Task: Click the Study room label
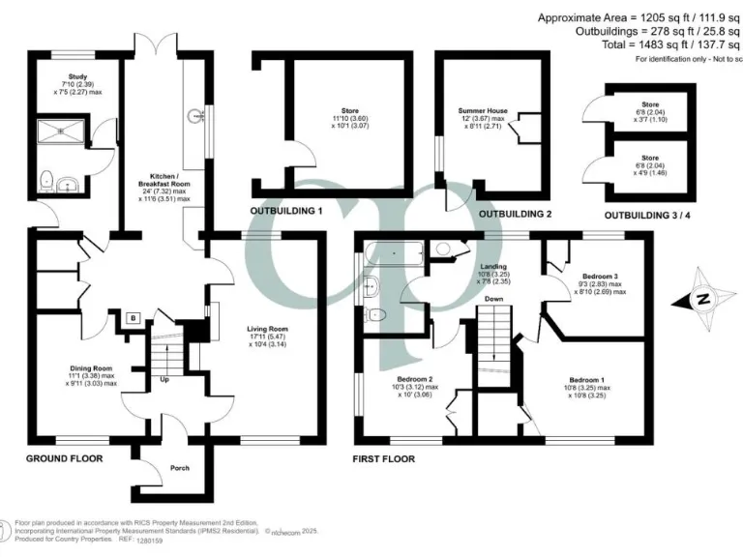click(x=77, y=75)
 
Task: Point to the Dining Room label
click(x=91, y=367)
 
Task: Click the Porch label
click(x=179, y=468)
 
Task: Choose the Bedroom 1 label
click(x=589, y=379)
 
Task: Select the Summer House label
click(x=483, y=111)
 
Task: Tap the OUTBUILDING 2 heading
click(x=515, y=214)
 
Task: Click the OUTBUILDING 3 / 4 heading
click(x=645, y=215)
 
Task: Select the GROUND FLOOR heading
click(x=64, y=457)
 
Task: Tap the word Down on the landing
click(x=495, y=300)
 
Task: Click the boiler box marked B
click(x=132, y=316)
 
